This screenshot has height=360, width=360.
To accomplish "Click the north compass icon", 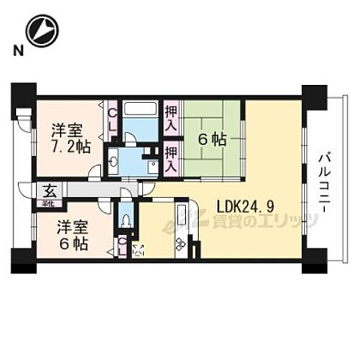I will [x=40, y=30].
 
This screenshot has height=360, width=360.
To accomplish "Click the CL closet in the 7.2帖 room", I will [x=113, y=117].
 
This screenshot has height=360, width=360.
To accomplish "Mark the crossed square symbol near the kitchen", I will [x=138, y=250].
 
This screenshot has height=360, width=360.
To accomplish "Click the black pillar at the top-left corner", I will [x=23, y=94].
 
